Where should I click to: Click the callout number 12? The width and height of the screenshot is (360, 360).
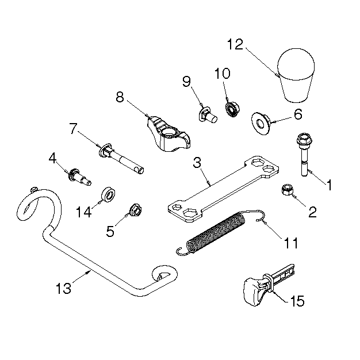coord(235,44)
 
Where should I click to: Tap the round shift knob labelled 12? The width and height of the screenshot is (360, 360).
coord(296,75)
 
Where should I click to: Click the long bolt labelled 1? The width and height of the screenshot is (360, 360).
coord(303,154)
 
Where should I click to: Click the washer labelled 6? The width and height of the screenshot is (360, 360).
coord(261,123)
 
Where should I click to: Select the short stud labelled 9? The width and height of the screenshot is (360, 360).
coord(208,115)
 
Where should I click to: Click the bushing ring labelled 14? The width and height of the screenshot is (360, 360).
coord(108,195)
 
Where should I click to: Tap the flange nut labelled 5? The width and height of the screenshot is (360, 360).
coord(136,210)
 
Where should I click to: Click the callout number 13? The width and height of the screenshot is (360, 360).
coord(64,288)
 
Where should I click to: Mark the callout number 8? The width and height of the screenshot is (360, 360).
coord(120,97)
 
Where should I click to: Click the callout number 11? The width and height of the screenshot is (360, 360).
coord(290,243)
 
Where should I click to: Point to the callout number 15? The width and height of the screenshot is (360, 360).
coord(297,301)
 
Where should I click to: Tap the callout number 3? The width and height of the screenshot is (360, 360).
coord(197,162)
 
